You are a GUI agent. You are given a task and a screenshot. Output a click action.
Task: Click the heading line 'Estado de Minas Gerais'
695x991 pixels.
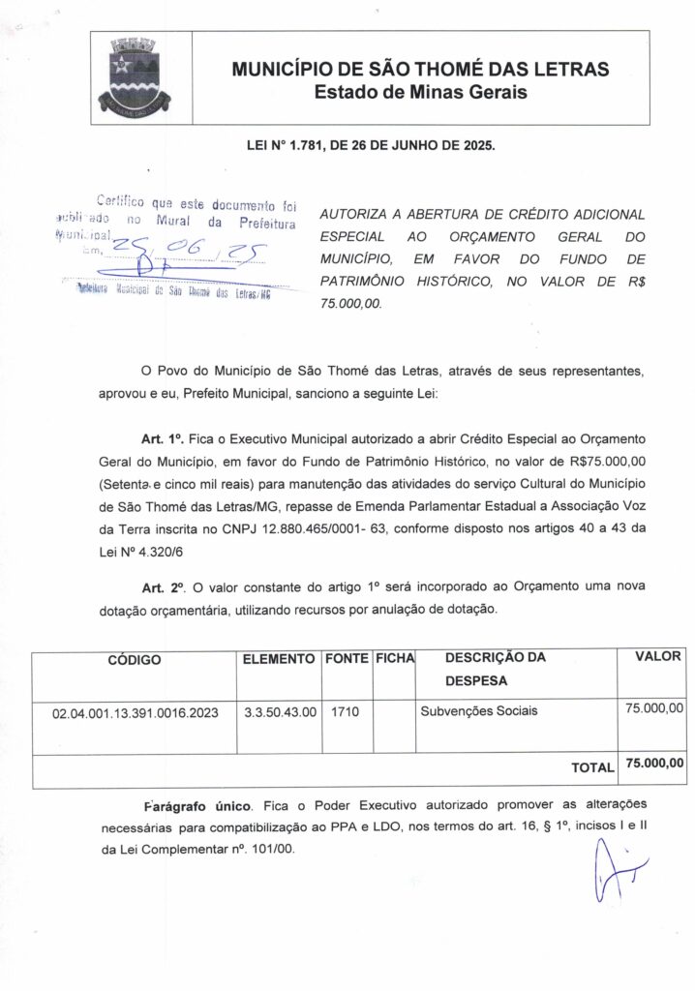(420, 93)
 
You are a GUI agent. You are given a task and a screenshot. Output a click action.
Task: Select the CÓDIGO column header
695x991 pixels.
(135, 661)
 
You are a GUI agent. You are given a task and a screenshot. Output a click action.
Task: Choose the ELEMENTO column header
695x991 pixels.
(279, 659)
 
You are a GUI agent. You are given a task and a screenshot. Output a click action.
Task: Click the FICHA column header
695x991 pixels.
(394, 659)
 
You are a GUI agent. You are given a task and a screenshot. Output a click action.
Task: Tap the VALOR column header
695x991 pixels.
(658, 657)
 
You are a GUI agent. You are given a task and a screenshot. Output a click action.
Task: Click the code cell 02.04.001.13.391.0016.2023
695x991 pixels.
(136, 713)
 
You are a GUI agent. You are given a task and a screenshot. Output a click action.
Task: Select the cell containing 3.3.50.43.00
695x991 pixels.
(280, 712)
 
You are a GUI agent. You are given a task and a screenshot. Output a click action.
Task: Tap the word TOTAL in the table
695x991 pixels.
(592, 767)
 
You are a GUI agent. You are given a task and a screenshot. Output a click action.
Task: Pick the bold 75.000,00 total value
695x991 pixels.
(655, 764)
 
